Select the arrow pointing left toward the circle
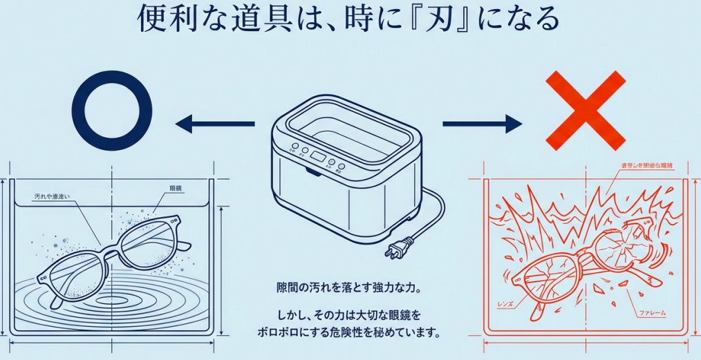tap(214, 124)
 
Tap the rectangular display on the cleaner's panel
tap(317, 155)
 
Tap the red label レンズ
tap(504, 303)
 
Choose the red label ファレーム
tap(651, 313)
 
